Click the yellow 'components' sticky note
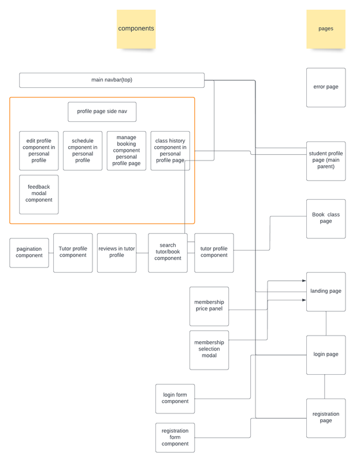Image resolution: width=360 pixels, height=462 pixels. click(136, 29)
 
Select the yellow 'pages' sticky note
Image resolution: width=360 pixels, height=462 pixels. click(325, 29)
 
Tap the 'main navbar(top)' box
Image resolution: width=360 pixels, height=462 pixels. click(112, 80)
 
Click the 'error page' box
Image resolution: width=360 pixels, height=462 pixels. click(325, 87)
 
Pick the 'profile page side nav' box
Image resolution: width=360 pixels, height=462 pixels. click(102, 111)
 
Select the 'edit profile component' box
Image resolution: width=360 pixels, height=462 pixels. click(39, 151)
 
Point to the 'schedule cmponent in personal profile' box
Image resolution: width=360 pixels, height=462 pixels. click(83, 151)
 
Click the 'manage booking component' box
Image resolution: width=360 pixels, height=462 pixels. click(127, 151)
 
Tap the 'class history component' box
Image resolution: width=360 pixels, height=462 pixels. click(170, 151)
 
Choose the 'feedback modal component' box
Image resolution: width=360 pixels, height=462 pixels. click(39, 194)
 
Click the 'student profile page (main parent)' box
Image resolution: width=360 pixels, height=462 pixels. click(325, 161)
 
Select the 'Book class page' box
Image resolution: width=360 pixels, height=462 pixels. click(325, 218)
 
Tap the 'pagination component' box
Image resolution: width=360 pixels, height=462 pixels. click(29, 252)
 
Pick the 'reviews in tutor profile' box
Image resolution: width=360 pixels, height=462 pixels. click(117, 252)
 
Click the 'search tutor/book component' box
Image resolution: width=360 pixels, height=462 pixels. click(168, 252)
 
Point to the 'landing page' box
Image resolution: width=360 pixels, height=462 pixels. click(325, 292)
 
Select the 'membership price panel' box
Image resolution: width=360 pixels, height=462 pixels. click(209, 306)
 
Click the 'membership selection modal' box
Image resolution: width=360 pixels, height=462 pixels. click(209, 350)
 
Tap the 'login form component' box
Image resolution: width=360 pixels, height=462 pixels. click(175, 398)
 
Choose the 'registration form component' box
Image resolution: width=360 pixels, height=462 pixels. click(175, 437)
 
